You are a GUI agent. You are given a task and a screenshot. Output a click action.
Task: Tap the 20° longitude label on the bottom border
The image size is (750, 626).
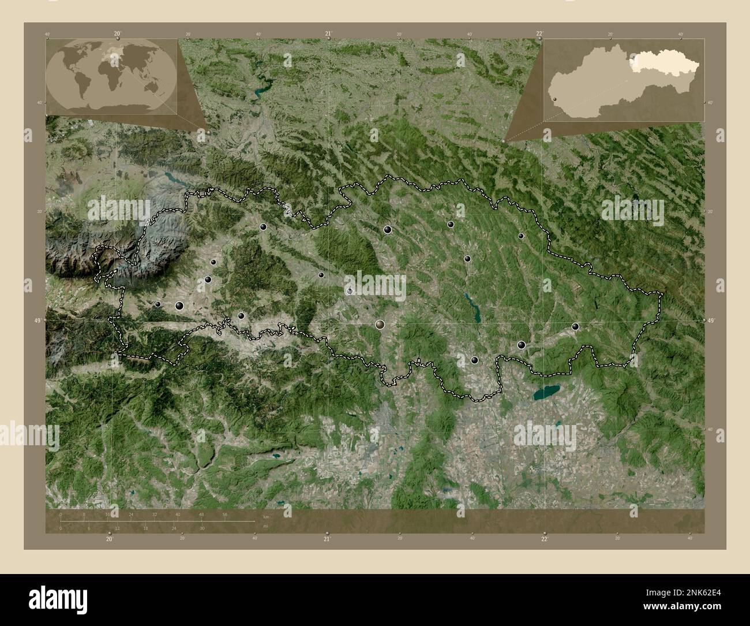click(x=110, y=539)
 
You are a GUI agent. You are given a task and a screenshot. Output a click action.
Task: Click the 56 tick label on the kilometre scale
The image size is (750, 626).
click(x=225, y=514)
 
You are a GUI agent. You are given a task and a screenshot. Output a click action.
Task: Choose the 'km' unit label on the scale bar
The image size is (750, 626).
click(x=266, y=517)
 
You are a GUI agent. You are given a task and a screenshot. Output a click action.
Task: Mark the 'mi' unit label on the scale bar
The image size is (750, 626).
click(x=265, y=526)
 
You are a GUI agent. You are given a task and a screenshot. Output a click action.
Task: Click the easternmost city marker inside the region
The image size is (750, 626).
click(x=575, y=326)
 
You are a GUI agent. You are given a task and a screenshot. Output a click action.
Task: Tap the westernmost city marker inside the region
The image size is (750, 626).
click(x=158, y=304)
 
